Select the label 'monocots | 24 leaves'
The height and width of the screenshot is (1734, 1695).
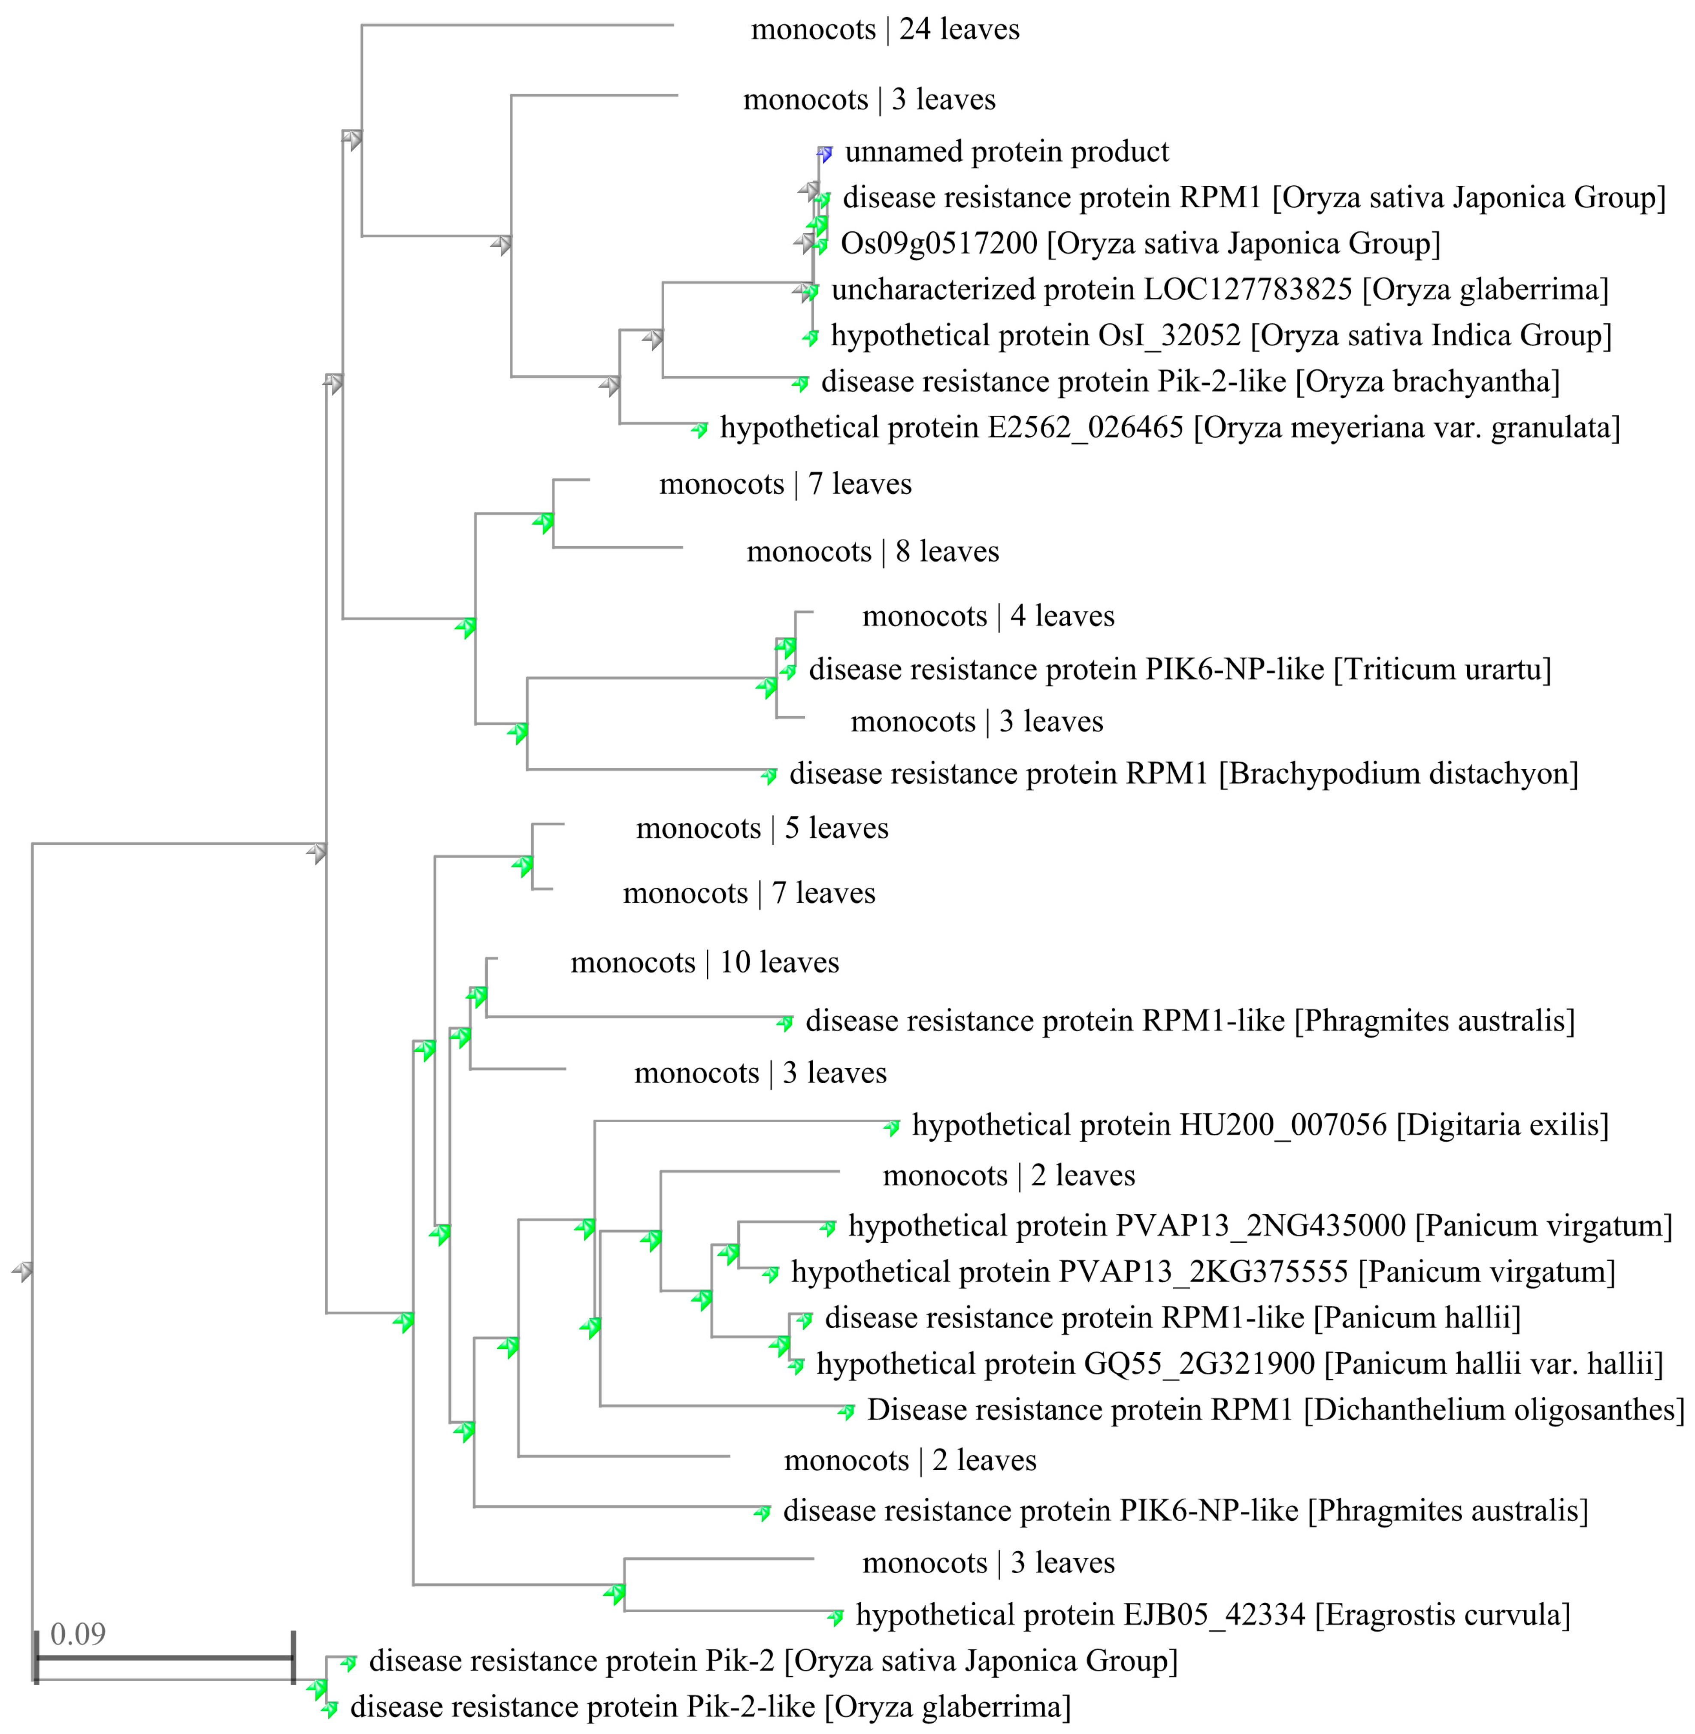point(885,29)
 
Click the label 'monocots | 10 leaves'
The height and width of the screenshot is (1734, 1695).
point(704,962)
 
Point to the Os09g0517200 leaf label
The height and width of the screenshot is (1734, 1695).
point(1139,243)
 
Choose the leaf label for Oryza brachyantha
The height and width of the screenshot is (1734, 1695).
point(1190,381)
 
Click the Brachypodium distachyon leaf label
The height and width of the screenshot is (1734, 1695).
point(1183,773)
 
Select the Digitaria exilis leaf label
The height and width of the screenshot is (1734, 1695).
point(1260,1124)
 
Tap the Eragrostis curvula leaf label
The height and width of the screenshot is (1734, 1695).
point(1213,1614)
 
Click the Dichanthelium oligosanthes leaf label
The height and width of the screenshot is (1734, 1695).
point(1275,1409)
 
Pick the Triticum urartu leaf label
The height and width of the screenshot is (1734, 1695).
point(1180,668)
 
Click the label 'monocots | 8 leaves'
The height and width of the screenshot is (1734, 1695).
point(872,551)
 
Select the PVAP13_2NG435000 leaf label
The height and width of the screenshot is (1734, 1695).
point(1260,1225)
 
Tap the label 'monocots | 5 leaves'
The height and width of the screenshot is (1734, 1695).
point(762,828)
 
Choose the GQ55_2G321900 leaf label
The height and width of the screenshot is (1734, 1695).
point(1239,1363)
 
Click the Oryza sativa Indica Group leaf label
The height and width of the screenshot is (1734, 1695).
point(1220,335)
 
